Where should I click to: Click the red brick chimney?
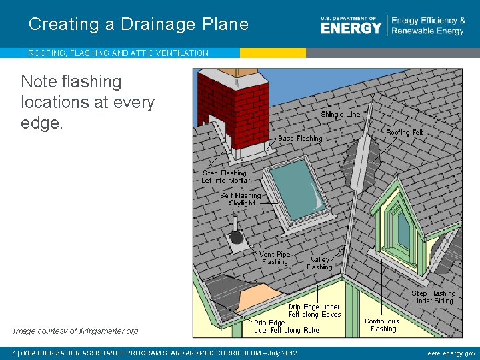click(233, 110)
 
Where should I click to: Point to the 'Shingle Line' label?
click(340, 115)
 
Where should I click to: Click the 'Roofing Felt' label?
click(404, 133)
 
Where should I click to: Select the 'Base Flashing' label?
click(299, 139)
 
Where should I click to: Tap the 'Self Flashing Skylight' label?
click(241, 199)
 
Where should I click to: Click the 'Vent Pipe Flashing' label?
click(274, 258)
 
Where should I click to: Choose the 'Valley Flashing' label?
click(319, 263)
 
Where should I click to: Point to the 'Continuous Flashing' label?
click(382, 325)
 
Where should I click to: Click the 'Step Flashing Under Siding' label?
click(433, 297)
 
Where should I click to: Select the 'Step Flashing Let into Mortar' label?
click(225, 177)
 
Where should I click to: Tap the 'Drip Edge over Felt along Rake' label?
click(286, 326)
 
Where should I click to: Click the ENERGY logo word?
click(351, 28)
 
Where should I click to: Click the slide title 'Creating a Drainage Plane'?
click(139, 25)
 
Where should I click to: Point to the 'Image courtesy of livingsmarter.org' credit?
click(75, 331)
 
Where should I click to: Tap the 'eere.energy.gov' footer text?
click(451, 353)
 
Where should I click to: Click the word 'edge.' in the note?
click(42, 123)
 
